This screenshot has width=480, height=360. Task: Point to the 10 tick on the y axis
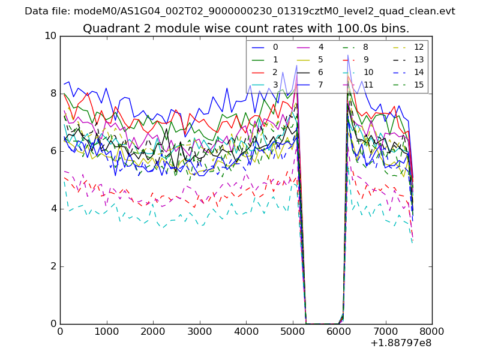50,36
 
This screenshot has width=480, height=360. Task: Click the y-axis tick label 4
53,209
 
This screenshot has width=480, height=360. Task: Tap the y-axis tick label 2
53,266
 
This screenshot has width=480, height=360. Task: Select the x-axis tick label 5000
292,331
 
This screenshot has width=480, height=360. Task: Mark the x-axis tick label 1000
106,331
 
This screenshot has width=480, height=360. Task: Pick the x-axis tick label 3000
199,331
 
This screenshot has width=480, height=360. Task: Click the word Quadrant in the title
107,28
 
